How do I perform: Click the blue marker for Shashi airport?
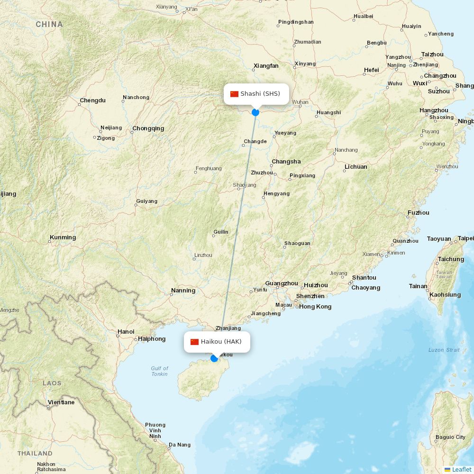pyautogui.click(x=255, y=112)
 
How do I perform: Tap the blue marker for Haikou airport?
pyautogui.click(x=214, y=358)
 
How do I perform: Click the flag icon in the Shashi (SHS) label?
pyautogui.click(x=234, y=94)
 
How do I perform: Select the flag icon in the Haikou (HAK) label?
pyautogui.click(x=194, y=342)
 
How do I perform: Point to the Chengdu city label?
pyautogui.click(x=92, y=100)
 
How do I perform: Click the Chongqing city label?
pyautogui.click(x=148, y=128)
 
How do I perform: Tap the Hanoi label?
pyautogui.click(x=126, y=332)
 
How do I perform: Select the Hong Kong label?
pyautogui.click(x=315, y=307)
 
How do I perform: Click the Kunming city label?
pyautogui.click(x=63, y=237)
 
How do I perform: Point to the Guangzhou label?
pyautogui.click(x=282, y=283)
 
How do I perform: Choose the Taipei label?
pyautogui.click(x=465, y=238)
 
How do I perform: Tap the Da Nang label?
pyautogui.click(x=180, y=445)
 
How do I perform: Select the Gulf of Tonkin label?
pyautogui.click(x=160, y=371)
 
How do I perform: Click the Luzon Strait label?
pyautogui.click(x=444, y=350)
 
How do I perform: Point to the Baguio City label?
pyautogui.click(x=450, y=437)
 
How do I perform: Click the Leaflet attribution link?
pyautogui.click(x=461, y=469)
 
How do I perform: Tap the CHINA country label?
pyautogui.click(x=49, y=24)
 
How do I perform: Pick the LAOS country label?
pyautogui.click(x=52, y=383)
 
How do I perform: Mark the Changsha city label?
pyautogui.click(x=286, y=162)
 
